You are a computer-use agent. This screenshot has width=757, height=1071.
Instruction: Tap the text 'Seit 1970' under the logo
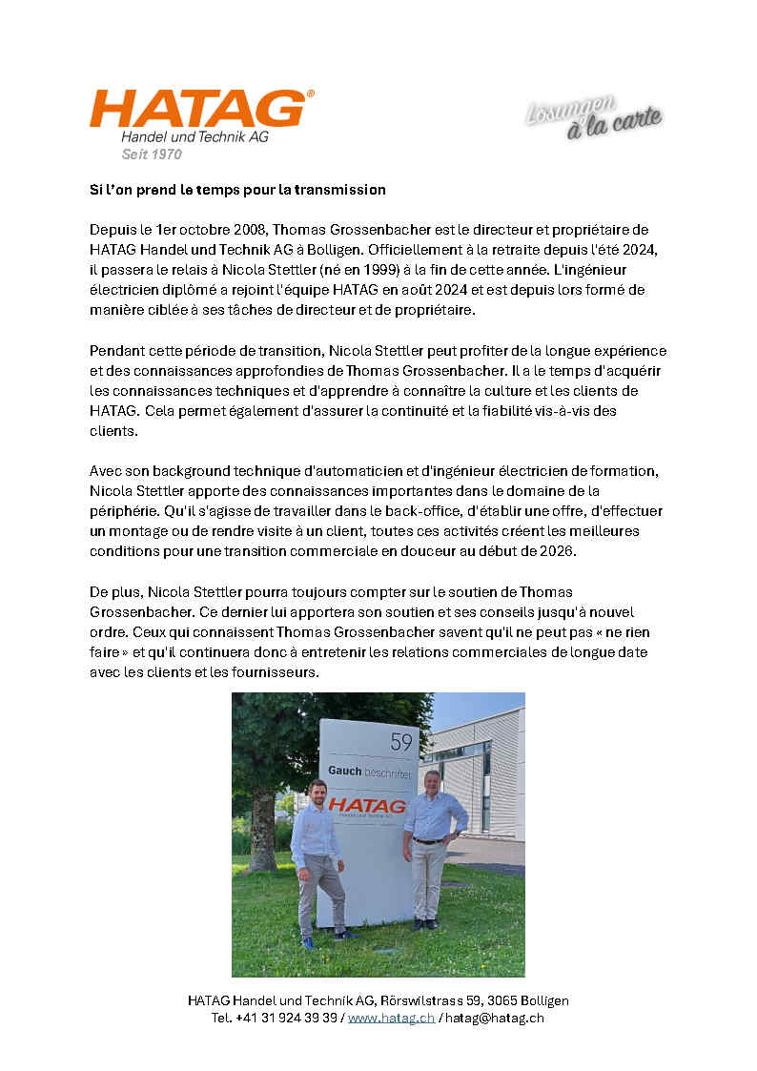152,154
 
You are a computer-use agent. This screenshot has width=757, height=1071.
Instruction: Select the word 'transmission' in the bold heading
340,189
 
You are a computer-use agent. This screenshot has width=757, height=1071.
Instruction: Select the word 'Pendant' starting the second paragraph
116,350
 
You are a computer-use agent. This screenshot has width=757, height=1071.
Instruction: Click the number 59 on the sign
401,741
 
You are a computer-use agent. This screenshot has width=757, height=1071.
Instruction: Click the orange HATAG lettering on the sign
368,805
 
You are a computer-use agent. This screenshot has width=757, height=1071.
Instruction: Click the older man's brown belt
428,840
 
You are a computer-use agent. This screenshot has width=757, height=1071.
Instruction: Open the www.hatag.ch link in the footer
391,1018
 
